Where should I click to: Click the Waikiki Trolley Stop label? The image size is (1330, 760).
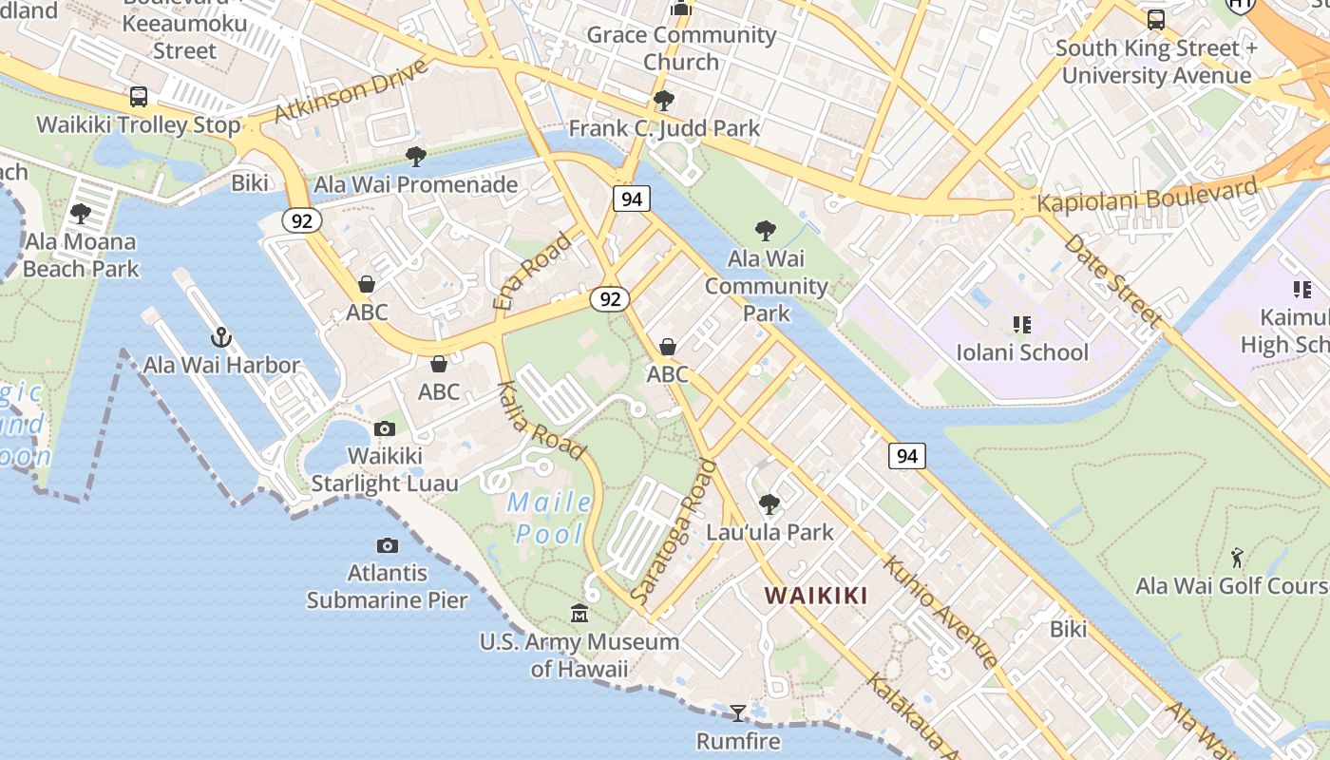tap(139, 124)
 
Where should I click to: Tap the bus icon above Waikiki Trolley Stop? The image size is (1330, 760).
tap(139, 96)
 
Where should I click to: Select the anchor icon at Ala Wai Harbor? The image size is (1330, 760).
tap(221, 337)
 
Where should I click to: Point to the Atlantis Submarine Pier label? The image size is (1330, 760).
tap(387, 586)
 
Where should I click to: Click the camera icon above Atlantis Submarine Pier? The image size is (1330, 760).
tap(387, 545)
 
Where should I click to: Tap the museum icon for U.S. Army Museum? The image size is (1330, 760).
tap(579, 615)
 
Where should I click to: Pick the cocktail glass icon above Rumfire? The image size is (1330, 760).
tap(737, 712)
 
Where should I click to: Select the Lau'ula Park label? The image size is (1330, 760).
tap(769, 532)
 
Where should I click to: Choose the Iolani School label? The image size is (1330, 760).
tap(1022, 352)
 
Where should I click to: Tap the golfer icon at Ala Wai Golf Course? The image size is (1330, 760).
tap(1237, 558)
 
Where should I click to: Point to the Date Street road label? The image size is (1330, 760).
tap(1112, 281)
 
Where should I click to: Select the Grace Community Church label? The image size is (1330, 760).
tap(681, 48)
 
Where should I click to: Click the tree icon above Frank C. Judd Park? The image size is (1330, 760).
tap(664, 100)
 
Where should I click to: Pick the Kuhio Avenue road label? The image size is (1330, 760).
tap(940, 611)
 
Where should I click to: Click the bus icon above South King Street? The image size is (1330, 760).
tap(1156, 19)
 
